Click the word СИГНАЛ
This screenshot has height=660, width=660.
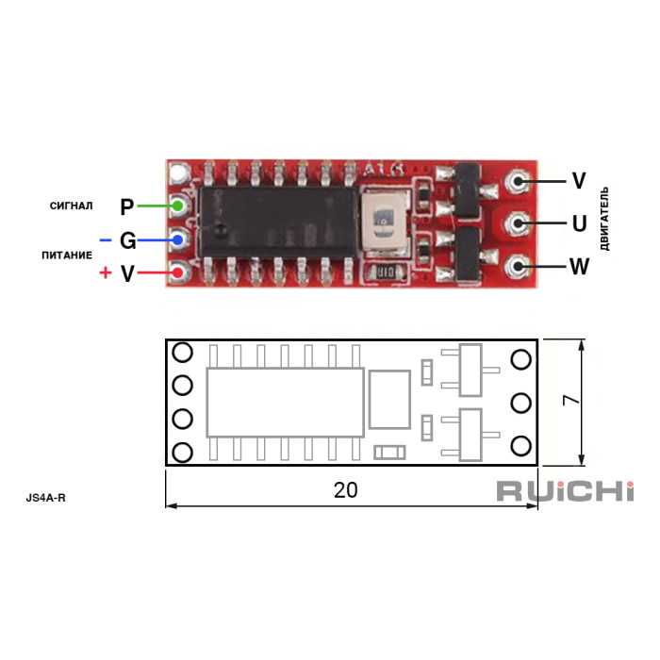click(x=72, y=206)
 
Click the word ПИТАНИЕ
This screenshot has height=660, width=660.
click(x=67, y=255)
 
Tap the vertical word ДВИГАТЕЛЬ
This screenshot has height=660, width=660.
click(x=604, y=219)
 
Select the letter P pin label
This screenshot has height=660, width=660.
click(x=127, y=206)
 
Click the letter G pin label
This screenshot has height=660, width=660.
click(x=127, y=241)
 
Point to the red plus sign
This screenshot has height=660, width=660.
click(x=105, y=273)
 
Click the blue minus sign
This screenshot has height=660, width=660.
click(x=105, y=241)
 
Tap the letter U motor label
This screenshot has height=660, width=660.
click(x=580, y=224)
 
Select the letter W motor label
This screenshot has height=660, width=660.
click(x=579, y=267)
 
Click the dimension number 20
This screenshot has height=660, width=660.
click(x=345, y=490)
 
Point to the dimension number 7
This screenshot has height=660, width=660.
click(x=569, y=400)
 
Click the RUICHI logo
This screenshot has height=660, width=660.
click(x=565, y=491)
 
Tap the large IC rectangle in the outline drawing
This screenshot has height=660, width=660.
click(x=285, y=402)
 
